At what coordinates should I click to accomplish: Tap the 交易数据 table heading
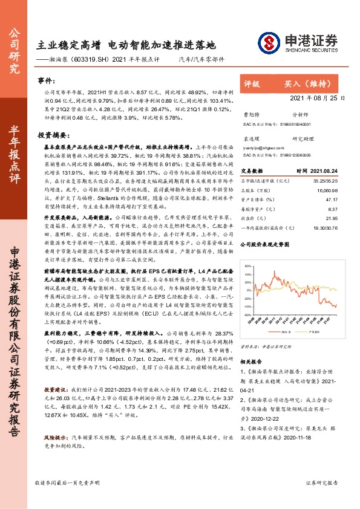[x=254, y=170]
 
